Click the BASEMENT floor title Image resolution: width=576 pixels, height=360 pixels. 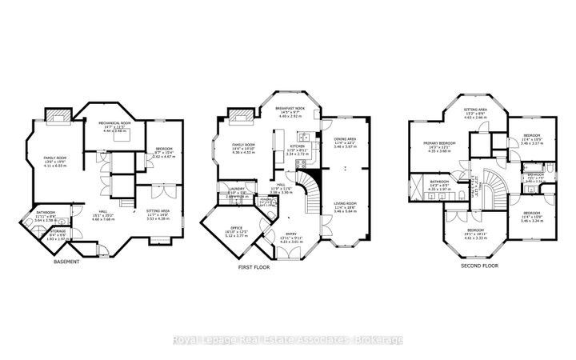(66, 262)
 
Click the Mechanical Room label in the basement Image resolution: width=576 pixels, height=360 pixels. (114, 126)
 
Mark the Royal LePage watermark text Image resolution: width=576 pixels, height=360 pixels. (289, 341)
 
